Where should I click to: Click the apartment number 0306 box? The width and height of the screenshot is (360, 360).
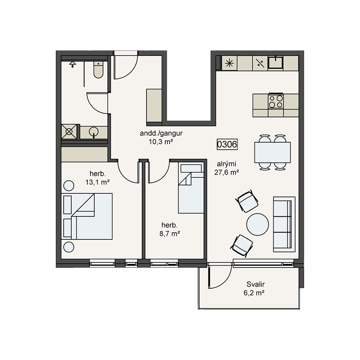227,144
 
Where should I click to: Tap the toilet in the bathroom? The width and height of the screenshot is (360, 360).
99,69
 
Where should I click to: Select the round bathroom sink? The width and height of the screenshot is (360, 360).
94,132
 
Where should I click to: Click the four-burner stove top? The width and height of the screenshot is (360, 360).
276,101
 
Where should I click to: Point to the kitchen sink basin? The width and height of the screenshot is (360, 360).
275,62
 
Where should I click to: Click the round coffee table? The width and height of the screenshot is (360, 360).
258,224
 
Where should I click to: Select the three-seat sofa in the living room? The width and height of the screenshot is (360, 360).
284,224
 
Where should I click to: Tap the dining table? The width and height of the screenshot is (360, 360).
273,152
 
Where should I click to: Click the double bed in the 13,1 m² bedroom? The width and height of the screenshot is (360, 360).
87,216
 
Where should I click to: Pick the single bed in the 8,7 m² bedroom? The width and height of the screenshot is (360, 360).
191,188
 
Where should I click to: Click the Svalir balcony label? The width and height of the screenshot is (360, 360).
256,284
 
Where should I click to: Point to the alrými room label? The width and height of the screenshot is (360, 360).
226,164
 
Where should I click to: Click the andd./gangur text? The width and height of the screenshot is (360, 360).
161,133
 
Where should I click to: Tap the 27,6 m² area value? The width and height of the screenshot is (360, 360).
226,172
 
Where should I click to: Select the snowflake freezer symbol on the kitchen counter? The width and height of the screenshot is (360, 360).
229,63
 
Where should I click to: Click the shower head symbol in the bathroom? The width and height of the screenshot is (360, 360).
73,64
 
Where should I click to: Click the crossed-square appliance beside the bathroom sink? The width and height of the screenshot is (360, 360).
69,131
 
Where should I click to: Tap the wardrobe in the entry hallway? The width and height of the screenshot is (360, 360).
154,105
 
